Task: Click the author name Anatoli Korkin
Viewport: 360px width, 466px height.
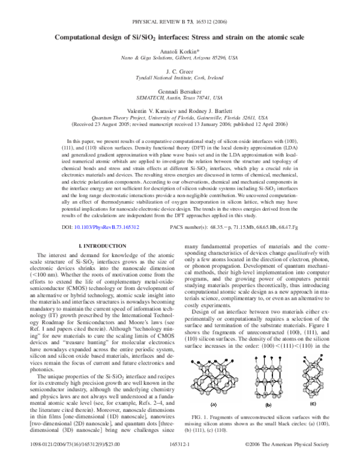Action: [x=179, y=52]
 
